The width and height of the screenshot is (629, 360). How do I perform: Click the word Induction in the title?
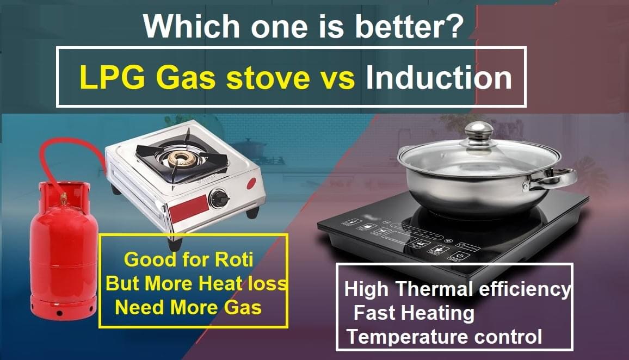(439, 78)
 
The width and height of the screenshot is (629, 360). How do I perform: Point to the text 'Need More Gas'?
(188, 308)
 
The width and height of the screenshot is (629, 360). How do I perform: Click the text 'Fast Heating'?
(414, 313)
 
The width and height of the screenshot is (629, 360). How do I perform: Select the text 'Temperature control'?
(445, 337)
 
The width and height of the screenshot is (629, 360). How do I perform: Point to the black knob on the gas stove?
(219, 198)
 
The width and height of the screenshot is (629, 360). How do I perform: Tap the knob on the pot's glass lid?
(478, 131)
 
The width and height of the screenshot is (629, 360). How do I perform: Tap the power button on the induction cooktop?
(460, 254)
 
